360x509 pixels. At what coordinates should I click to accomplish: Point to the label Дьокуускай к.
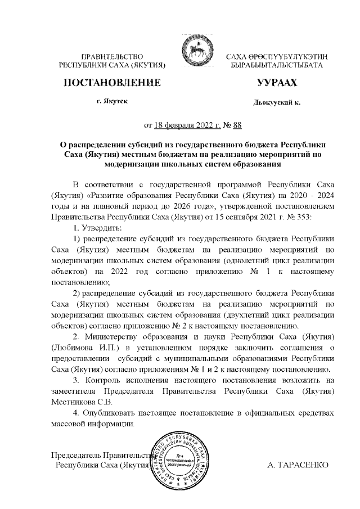click(277, 103)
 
